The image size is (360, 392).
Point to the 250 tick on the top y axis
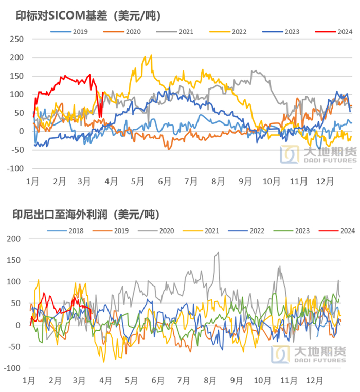(x=17, y=39)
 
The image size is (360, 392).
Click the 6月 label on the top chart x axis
(x=165, y=181)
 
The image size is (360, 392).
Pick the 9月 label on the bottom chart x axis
(x=237, y=381)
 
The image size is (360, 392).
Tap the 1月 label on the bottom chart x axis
(x=29, y=381)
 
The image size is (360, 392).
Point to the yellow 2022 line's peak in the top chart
(x=151, y=55)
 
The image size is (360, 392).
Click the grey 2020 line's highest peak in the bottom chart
(x=218, y=252)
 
